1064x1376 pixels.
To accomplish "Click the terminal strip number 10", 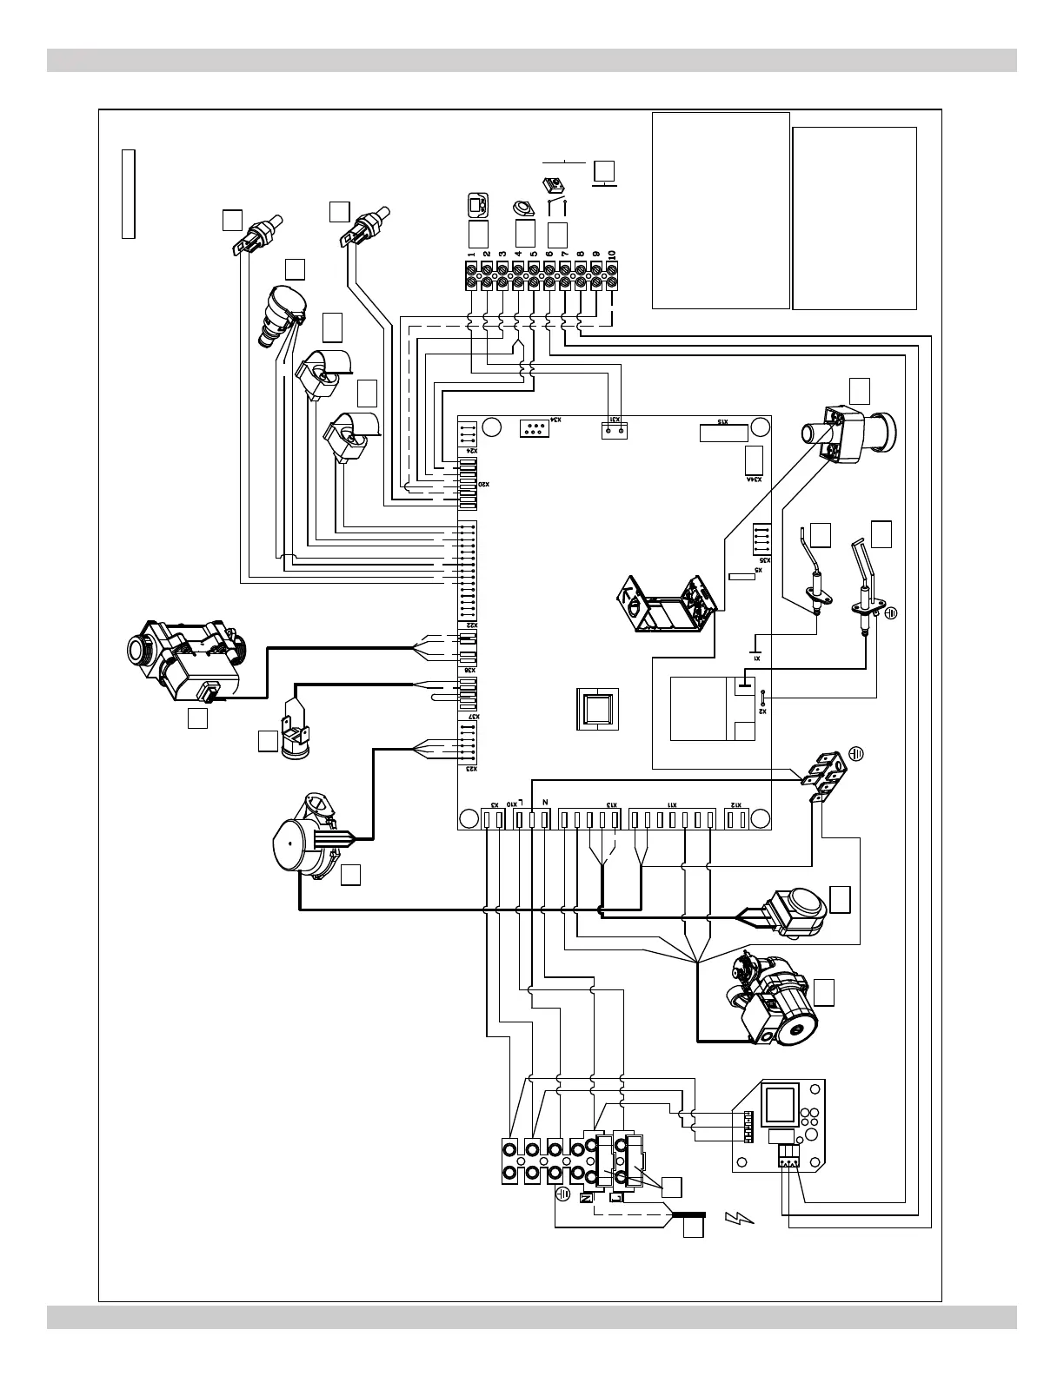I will coord(612,256).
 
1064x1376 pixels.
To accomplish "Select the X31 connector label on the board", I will coord(615,420).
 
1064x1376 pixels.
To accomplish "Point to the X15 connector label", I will coord(722,422).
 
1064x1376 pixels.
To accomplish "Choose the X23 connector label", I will coord(469,770).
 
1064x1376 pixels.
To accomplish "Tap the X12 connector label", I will coord(735,805).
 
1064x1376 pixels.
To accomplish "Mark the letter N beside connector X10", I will coord(544,804).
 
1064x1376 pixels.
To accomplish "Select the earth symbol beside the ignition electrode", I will coord(890,612).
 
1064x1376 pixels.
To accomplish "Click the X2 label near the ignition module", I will coord(762,709).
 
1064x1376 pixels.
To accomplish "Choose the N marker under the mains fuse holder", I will coord(585,1198).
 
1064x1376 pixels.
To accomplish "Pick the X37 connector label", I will coord(470,717).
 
